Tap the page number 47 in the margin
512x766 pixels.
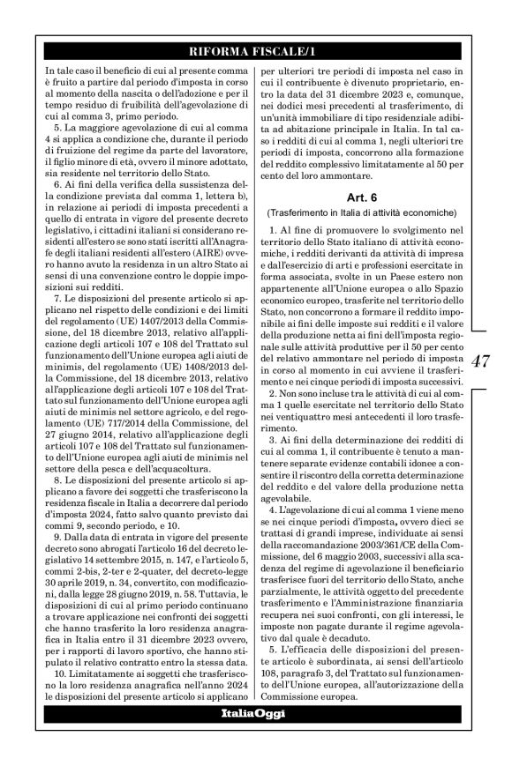pyautogui.click(x=481, y=361)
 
